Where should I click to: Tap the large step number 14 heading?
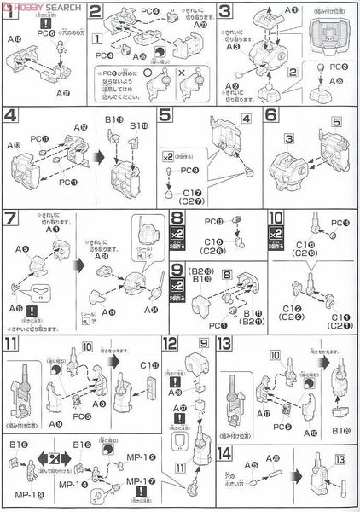[225, 454]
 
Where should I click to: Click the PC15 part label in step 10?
[340, 224]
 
